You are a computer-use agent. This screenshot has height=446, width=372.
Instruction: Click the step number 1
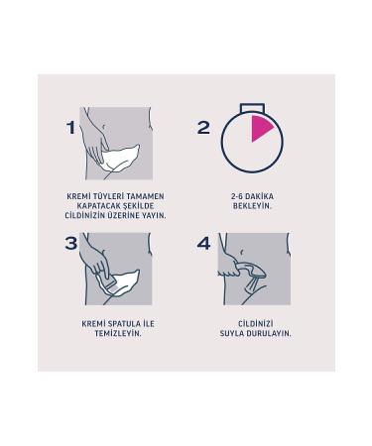69,127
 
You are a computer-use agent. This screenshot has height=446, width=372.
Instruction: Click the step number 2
204,127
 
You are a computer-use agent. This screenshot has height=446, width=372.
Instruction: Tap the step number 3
70,243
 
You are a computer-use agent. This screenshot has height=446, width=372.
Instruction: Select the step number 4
204,243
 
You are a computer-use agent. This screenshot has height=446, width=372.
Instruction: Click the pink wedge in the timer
260,127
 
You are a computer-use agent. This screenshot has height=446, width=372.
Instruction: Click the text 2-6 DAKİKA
251,196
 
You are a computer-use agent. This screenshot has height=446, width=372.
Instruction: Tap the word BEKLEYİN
251,205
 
